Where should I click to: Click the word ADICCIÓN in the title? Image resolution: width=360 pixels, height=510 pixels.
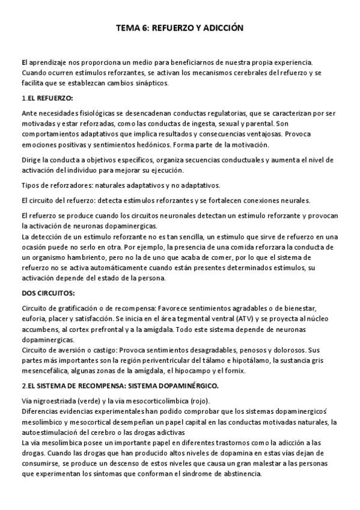(x=222, y=28)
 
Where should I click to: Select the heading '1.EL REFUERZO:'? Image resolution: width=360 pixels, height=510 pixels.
(x=47, y=97)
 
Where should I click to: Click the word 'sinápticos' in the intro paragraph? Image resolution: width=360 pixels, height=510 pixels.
(x=153, y=84)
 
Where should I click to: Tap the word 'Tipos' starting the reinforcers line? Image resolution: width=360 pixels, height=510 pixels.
(x=31, y=185)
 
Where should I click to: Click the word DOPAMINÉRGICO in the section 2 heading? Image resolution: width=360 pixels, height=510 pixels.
(x=190, y=385)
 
